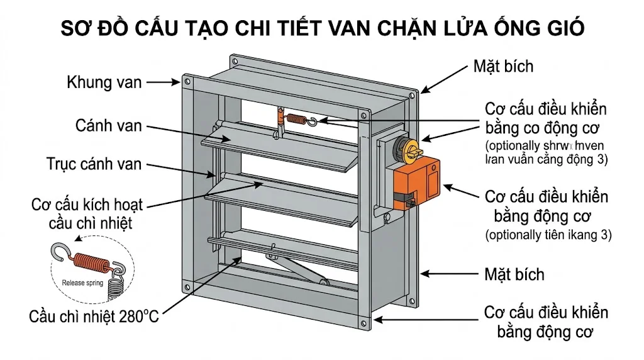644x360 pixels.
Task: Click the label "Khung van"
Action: [104, 82]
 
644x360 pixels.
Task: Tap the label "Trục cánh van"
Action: [94, 165]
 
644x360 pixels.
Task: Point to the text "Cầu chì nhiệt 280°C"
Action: [94, 315]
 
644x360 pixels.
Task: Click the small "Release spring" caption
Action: [82, 283]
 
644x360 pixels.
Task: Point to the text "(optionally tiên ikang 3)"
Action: [548, 235]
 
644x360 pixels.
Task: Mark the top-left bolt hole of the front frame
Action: [186, 79]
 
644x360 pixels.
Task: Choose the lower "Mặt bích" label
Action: [514, 274]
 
